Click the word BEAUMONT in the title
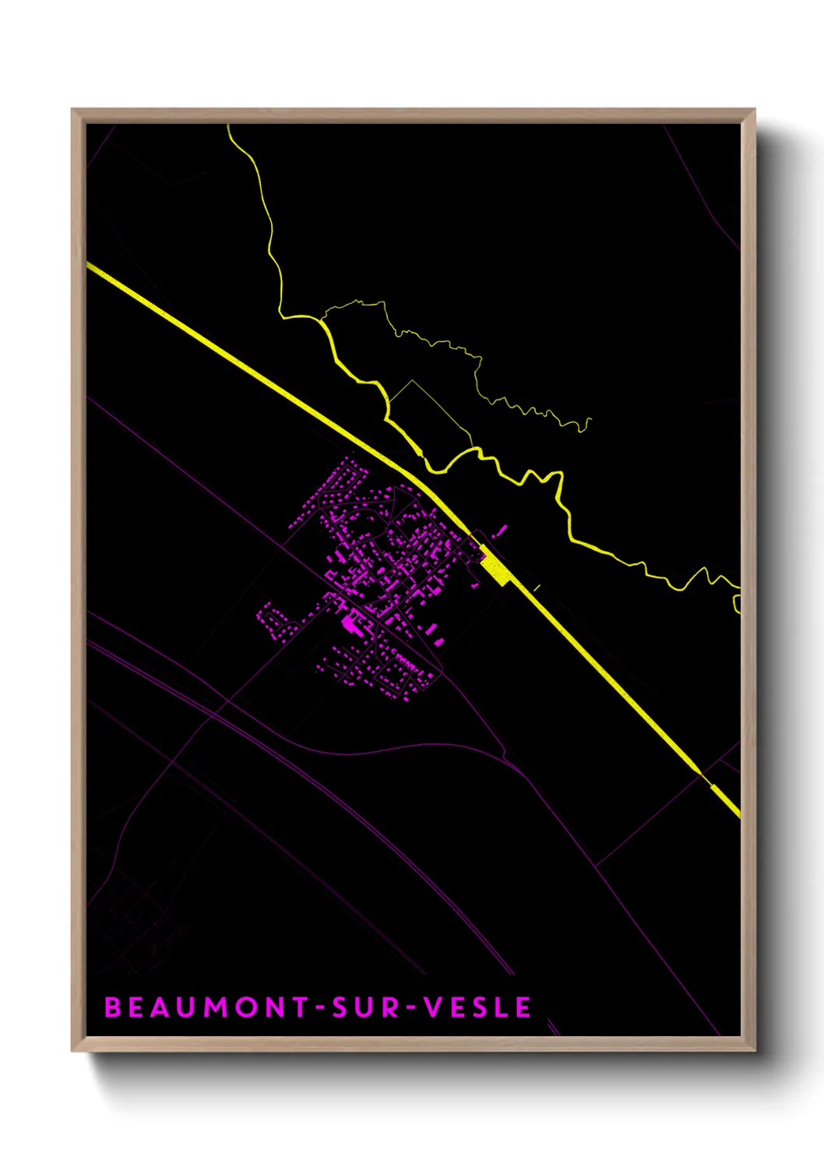[x=207, y=1007]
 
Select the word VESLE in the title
[x=477, y=1007]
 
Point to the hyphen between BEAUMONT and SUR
[x=319, y=1008]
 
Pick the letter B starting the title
[x=113, y=1007]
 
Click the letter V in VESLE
[x=433, y=1007]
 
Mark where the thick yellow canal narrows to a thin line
[x=704, y=778]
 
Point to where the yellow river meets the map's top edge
[x=228, y=126]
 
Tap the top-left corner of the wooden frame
[x=73, y=111]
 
